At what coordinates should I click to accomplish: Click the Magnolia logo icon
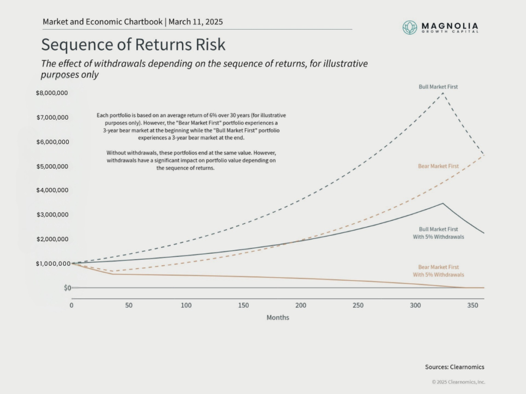click(x=409, y=27)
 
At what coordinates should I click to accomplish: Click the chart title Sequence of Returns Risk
click(x=133, y=45)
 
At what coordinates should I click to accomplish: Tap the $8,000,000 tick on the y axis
click(x=52, y=93)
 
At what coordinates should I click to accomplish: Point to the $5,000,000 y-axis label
click(x=52, y=166)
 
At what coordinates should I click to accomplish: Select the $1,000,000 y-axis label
click(x=52, y=264)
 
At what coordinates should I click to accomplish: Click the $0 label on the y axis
click(x=67, y=288)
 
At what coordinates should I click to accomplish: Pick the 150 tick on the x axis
click(x=243, y=305)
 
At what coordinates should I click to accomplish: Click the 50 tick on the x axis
click(x=129, y=305)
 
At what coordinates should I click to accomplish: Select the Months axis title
click(x=277, y=318)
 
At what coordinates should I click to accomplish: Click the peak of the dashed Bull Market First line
click(x=443, y=93)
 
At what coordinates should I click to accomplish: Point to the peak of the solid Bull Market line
click(x=443, y=203)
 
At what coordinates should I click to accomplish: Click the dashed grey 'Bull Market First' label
click(x=438, y=87)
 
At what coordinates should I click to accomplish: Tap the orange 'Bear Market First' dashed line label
click(x=438, y=166)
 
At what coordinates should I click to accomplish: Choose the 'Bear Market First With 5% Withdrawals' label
click(x=438, y=271)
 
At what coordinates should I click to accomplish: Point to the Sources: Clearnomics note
click(x=454, y=367)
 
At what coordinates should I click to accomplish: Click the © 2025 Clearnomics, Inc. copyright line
click(x=458, y=382)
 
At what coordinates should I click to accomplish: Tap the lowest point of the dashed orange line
click(x=113, y=271)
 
